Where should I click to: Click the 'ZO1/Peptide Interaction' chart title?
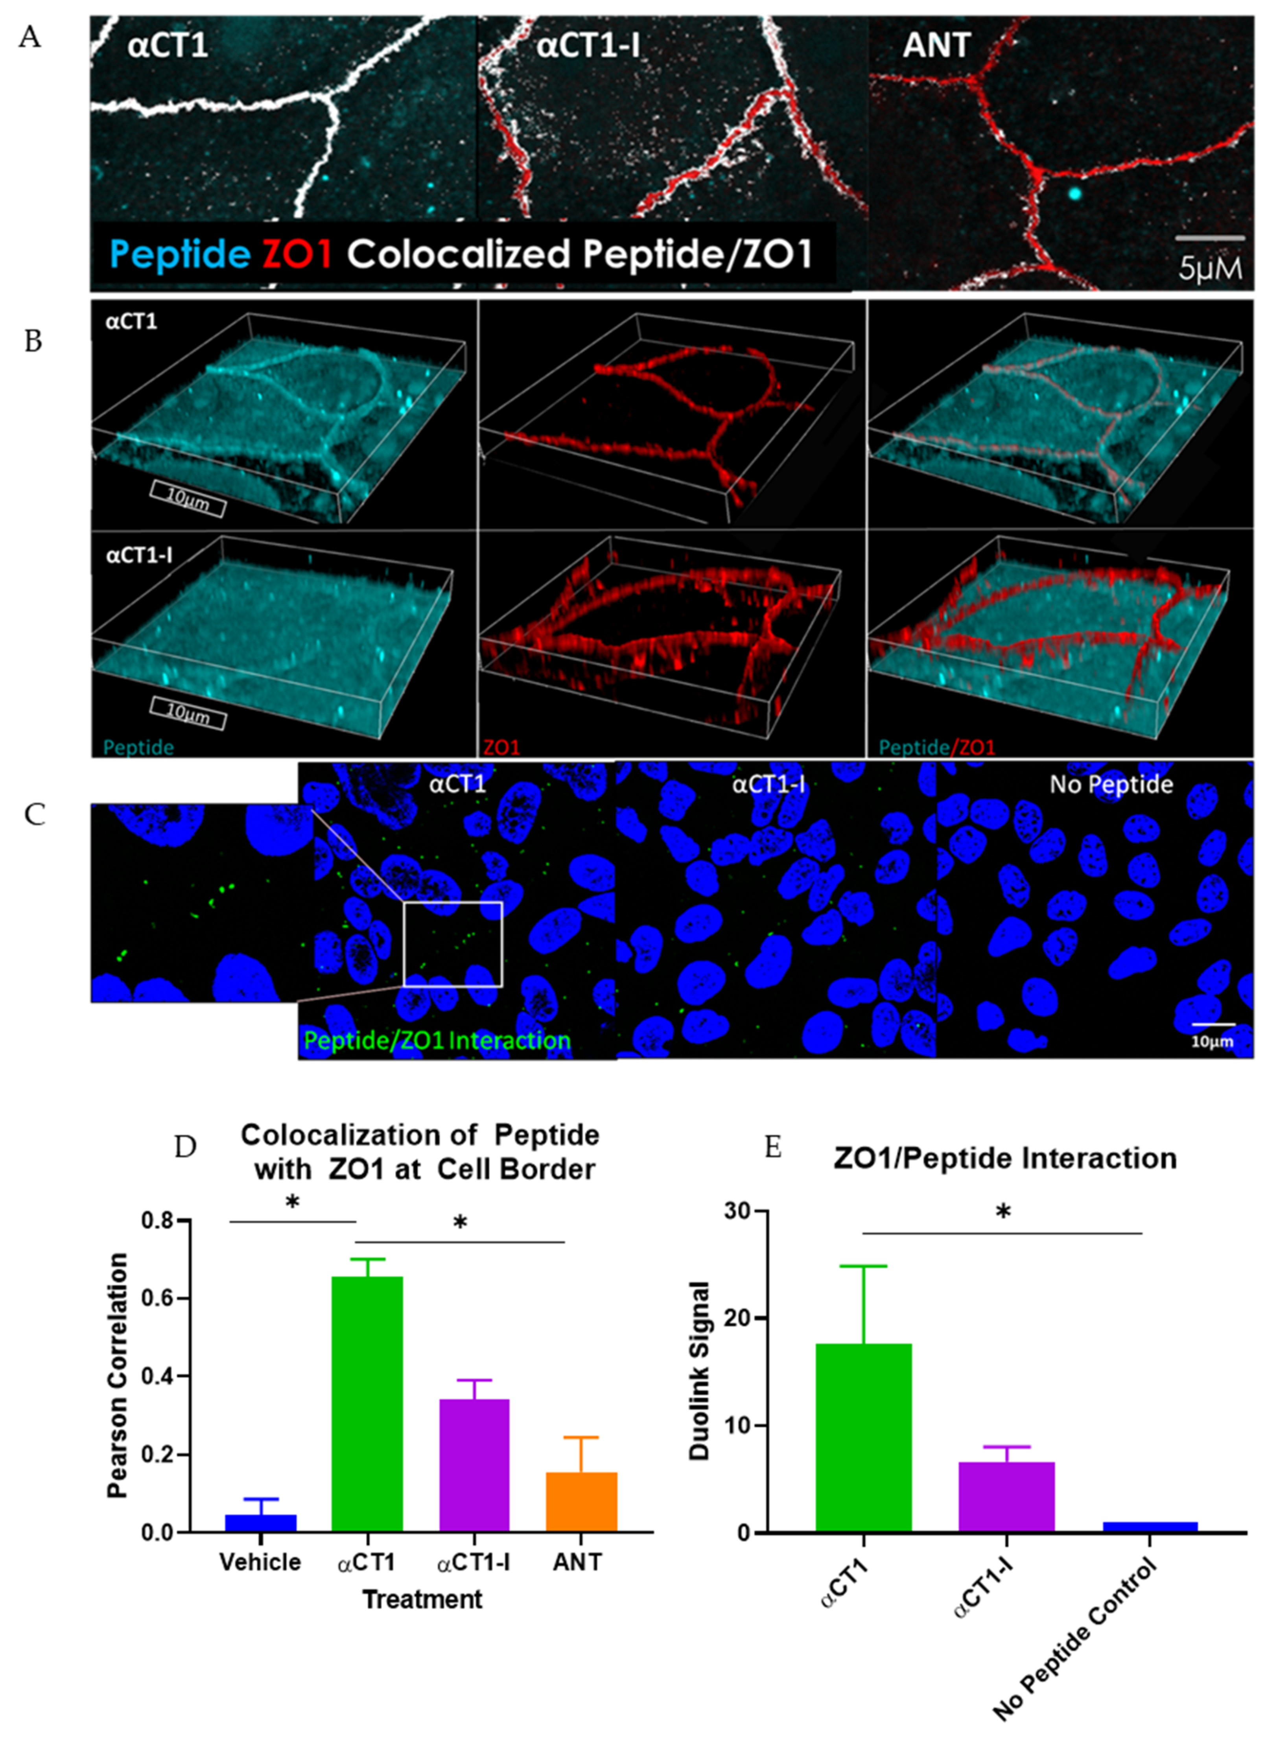tap(1005, 1158)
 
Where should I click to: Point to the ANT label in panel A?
tap(936, 46)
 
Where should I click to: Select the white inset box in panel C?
tap(453, 943)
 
